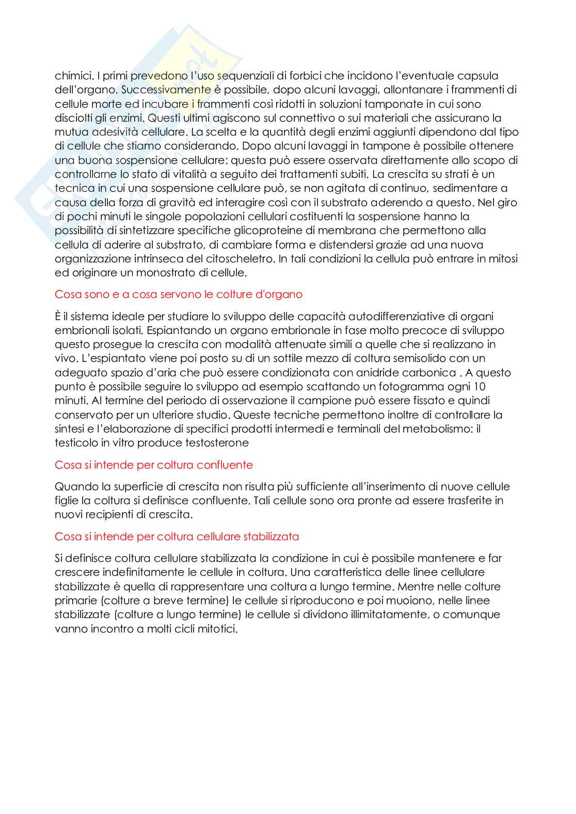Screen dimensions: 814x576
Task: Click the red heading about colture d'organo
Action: point(179,294)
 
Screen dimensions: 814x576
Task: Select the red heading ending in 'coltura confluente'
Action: point(154,464)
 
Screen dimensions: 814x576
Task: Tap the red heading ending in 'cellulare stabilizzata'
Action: point(177,536)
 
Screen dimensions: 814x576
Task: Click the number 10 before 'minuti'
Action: point(479,387)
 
